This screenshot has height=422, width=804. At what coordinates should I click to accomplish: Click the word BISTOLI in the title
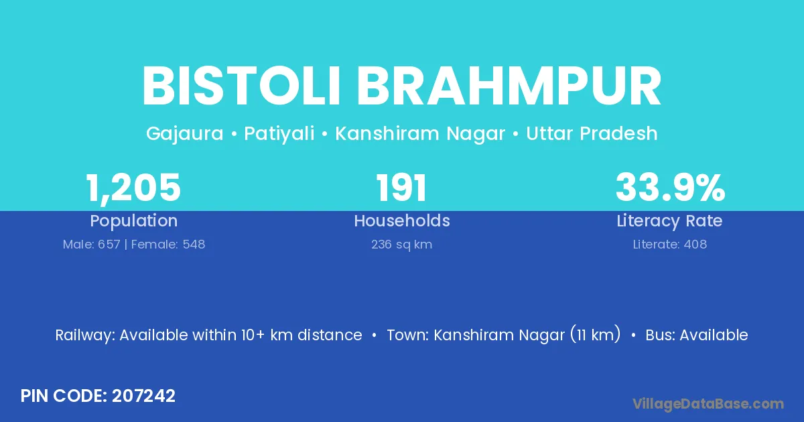tap(241, 86)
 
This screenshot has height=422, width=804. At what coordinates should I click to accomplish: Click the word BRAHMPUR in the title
tap(509, 86)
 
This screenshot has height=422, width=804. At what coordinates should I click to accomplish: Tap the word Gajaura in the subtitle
tap(185, 134)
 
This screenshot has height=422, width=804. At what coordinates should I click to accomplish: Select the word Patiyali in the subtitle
tap(279, 134)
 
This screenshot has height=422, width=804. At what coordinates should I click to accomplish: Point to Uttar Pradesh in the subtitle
tap(592, 133)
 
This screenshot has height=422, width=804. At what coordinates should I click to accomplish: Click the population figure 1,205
tap(133, 188)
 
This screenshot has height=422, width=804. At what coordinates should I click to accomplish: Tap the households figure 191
tap(401, 188)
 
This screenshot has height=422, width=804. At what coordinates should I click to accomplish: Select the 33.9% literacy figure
tap(670, 188)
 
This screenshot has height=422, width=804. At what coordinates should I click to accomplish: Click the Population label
tap(134, 221)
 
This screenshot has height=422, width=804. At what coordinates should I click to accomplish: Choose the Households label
tap(402, 220)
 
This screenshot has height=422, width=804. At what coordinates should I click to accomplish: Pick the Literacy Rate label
tap(669, 221)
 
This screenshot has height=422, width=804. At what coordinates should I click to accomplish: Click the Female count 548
tap(194, 244)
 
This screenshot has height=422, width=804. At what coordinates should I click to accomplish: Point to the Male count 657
tap(109, 244)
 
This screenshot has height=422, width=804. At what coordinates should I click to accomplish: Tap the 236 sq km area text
tap(401, 244)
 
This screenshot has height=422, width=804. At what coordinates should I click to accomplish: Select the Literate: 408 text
tap(670, 244)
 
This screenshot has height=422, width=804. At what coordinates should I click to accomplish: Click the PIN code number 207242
tap(143, 396)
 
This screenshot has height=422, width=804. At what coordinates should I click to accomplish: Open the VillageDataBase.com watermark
tap(708, 404)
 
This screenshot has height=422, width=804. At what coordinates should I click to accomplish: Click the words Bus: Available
tap(697, 335)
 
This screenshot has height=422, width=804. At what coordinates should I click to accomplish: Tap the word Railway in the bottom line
tap(85, 336)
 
